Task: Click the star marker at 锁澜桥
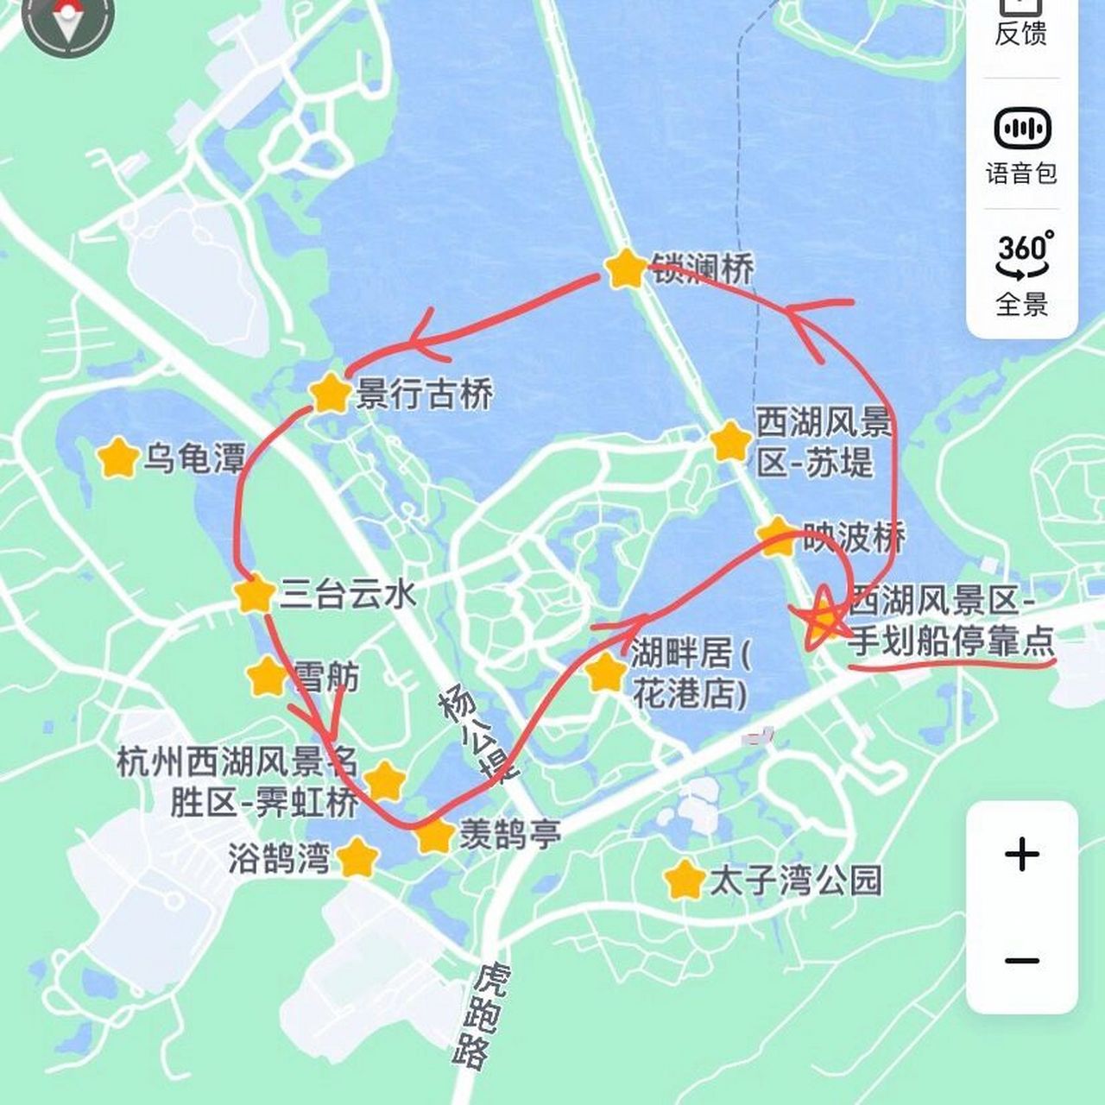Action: pyautogui.click(x=625, y=269)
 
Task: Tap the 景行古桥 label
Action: pyautogui.click(x=424, y=395)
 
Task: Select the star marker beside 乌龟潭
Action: pyautogui.click(x=118, y=458)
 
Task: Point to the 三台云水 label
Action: pyautogui.click(x=348, y=594)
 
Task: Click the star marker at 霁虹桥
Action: pyautogui.click(x=385, y=781)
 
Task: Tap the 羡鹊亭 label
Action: pyautogui.click(x=510, y=835)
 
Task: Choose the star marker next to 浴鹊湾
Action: pyautogui.click(x=357, y=858)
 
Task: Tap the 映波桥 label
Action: pyautogui.click(x=854, y=538)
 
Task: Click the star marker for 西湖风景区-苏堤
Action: pyautogui.click(x=730, y=442)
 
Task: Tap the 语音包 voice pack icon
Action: pyautogui.click(x=1023, y=130)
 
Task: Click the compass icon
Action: pyautogui.click(x=68, y=19)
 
